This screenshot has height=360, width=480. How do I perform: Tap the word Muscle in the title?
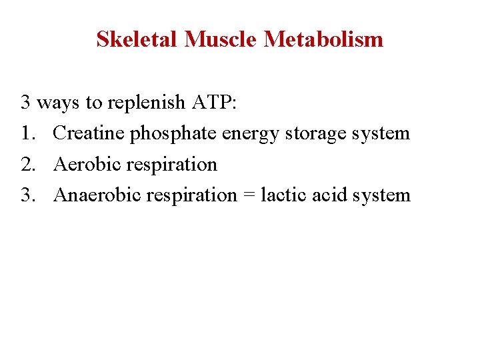click(221, 39)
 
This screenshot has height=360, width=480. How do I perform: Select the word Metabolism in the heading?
click(324, 39)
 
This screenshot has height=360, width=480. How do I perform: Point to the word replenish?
click(147, 103)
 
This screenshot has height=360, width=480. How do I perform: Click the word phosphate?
click(173, 134)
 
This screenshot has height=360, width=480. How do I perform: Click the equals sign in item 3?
click(249, 196)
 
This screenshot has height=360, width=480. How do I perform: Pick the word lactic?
click(280, 195)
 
